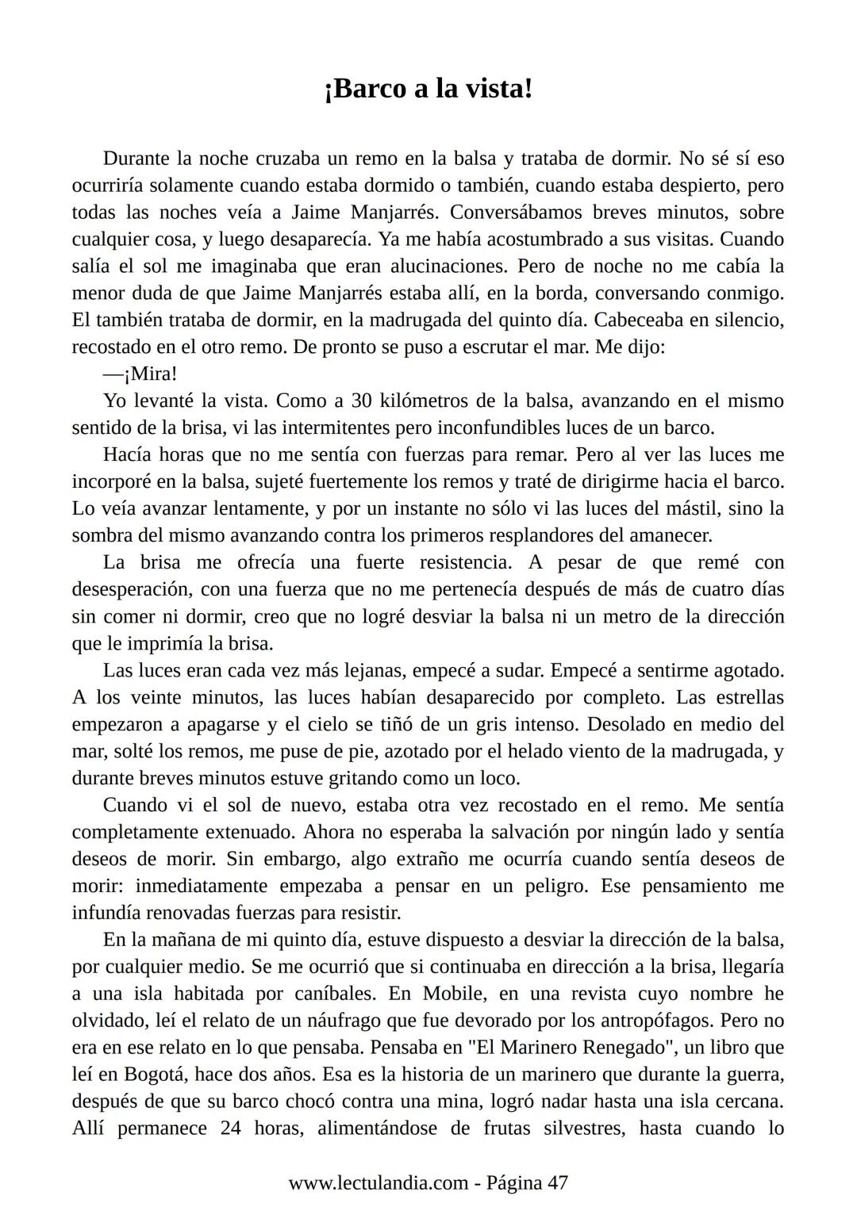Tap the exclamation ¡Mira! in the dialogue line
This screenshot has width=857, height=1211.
coord(151,374)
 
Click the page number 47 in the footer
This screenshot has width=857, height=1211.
coord(557,1182)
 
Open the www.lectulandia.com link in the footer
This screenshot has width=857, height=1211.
coord(378,1182)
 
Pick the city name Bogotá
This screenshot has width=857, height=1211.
coord(153,1075)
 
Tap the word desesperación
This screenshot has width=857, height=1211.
coord(130,589)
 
